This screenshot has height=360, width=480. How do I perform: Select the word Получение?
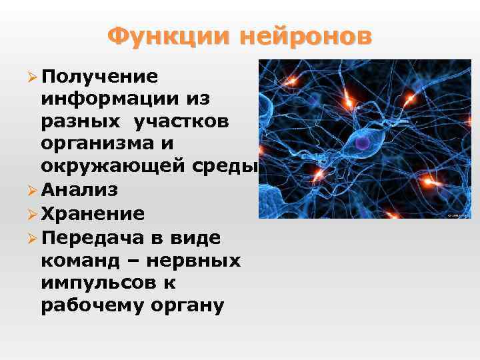point(99,76)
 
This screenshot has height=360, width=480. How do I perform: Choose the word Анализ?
point(79,190)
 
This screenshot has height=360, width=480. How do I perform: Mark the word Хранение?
point(92,213)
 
